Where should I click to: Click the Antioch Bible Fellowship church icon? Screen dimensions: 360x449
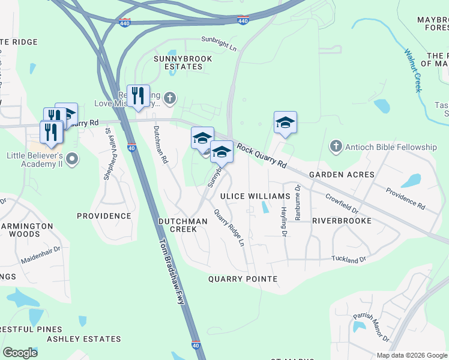coord(336,146)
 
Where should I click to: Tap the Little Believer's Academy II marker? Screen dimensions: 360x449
coord(72,159)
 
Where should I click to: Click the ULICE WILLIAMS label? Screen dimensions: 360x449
coord(251,196)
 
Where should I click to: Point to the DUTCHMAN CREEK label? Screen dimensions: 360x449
coord(182,225)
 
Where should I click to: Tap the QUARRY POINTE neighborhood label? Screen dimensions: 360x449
coord(243,279)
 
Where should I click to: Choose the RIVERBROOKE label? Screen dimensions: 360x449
coord(341,220)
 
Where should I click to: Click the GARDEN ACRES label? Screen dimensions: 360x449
coord(342,175)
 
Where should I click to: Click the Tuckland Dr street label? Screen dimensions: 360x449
coord(349,260)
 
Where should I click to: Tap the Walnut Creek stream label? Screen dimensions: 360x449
coord(413,70)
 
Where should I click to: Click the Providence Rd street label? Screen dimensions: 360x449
coord(405,199)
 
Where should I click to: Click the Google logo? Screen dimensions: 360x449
coord(20,353)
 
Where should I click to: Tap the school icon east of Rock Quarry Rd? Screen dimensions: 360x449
coord(285,122)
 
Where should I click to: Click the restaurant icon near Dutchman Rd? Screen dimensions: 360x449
coord(138,95)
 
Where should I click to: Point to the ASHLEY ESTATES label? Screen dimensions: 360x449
coord(84,339)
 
